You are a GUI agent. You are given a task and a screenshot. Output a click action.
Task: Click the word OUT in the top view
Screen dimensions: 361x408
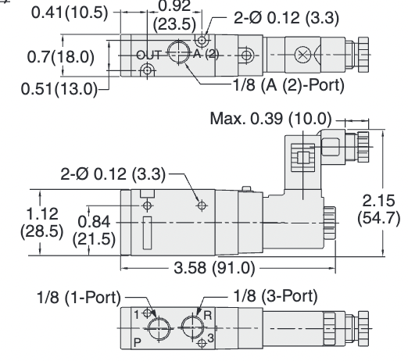148,55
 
